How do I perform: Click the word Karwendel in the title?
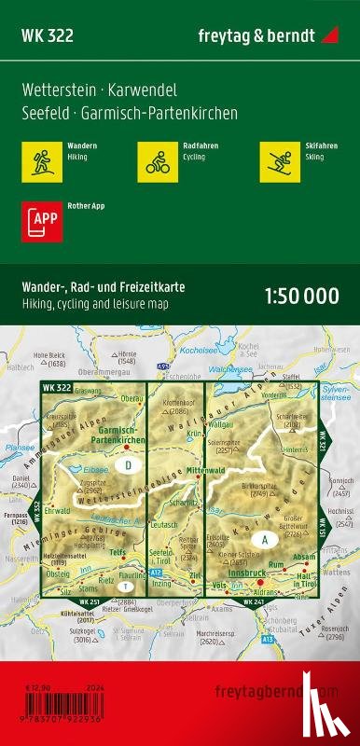tap(145, 90)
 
